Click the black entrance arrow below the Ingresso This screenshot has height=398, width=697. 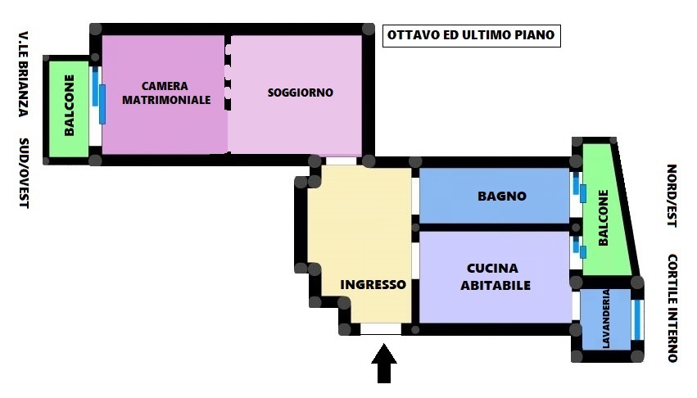tap(383, 363)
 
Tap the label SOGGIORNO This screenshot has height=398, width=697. tap(301, 93)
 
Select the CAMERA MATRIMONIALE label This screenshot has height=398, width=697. tap(166, 93)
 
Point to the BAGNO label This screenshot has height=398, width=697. tap(502, 196)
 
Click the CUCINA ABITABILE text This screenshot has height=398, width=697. tap(496, 277)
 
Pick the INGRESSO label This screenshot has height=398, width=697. tap(373, 285)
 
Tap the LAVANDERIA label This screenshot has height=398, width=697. tap(605, 319)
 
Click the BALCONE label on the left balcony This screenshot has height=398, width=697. tap(69, 106)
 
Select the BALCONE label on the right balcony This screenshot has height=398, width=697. tap(603, 218)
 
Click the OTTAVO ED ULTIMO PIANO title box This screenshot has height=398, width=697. tap(471, 35)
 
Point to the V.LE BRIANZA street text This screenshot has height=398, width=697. tap(24, 74)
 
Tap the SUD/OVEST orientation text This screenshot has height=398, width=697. tap(24, 173)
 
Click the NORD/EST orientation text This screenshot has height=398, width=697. tap(672, 196)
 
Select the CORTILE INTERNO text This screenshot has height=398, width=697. tap(672, 308)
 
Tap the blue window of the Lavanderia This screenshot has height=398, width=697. tap(637, 320)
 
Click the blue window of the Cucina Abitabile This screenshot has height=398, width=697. tap(579, 246)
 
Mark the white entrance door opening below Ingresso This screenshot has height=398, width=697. tap(381, 329)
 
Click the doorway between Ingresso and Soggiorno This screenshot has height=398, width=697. tap(341, 161)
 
